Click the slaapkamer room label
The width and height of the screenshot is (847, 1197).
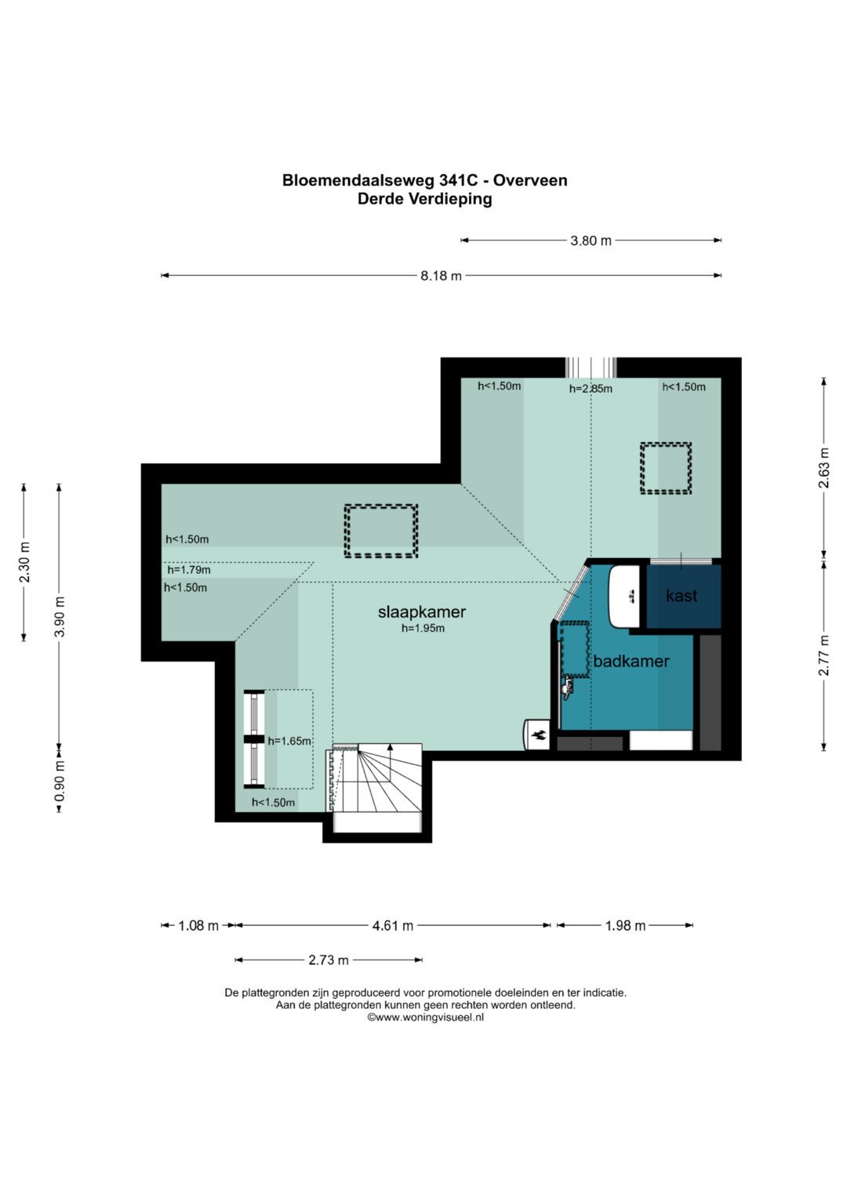421,612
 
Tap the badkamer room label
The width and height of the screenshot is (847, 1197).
631,661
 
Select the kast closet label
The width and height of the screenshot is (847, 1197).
682,595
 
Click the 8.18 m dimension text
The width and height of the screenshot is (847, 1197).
441,276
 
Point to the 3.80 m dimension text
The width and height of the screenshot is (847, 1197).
591,241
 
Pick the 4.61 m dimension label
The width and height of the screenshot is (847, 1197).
392,926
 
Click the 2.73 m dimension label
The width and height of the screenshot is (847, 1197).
329,960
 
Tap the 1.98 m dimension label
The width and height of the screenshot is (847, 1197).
625,926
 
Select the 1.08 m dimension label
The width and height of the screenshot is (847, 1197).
198,926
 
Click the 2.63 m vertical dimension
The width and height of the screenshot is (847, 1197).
824,467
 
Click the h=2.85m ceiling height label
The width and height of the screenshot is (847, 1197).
591,389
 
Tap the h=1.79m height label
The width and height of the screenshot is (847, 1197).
189,570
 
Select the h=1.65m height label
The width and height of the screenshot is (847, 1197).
289,742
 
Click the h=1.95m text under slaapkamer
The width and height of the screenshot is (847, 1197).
423,629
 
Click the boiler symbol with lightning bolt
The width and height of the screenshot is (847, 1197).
537,735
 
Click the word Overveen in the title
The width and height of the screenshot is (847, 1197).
530,180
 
